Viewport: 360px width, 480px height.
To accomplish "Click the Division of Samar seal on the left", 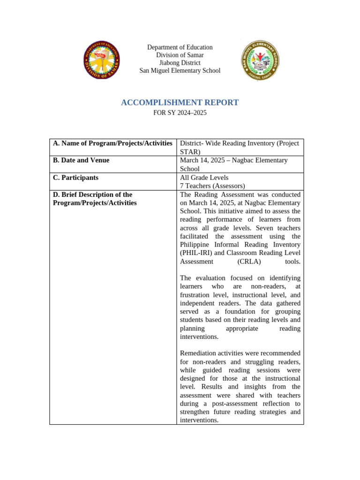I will click(x=101, y=60).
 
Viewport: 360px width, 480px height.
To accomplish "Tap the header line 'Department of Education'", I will click(x=180, y=47).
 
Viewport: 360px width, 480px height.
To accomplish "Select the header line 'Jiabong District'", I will click(x=180, y=63).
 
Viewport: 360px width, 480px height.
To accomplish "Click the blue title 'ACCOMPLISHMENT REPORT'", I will click(x=180, y=103).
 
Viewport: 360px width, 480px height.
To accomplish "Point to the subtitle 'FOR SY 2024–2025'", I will click(x=180, y=113).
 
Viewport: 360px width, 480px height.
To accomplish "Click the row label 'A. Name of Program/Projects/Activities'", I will click(x=112, y=143).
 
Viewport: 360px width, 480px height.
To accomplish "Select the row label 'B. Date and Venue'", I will click(x=81, y=160).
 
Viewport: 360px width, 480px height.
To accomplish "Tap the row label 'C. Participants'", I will click(x=75, y=178).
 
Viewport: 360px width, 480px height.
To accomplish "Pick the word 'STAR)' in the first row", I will click(x=190, y=152).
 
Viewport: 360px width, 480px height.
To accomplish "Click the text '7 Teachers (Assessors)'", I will click(x=212, y=186).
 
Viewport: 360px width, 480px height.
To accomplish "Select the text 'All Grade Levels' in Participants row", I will click(x=204, y=178).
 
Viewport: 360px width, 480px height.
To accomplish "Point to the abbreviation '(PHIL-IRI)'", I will click(x=196, y=253).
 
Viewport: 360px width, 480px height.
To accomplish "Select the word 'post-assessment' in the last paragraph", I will click(x=240, y=404).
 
